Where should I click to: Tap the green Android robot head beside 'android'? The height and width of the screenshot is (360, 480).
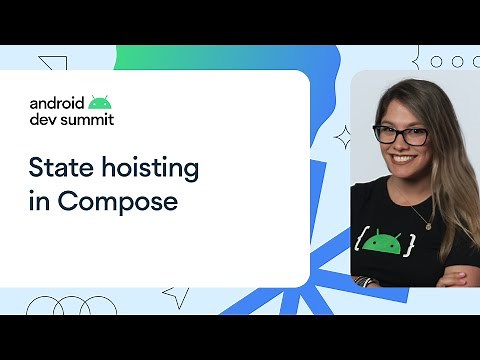[x=98, y=101]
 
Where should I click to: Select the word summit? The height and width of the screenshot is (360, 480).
[x=86, y=119]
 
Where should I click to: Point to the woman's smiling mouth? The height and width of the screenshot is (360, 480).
[x=402, y=158]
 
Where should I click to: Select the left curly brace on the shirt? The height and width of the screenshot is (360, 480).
[x=358, y=241]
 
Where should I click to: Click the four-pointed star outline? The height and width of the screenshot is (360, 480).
[x=342, y=136]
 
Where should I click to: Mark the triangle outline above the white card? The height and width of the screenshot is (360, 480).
[x=53, y=65]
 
